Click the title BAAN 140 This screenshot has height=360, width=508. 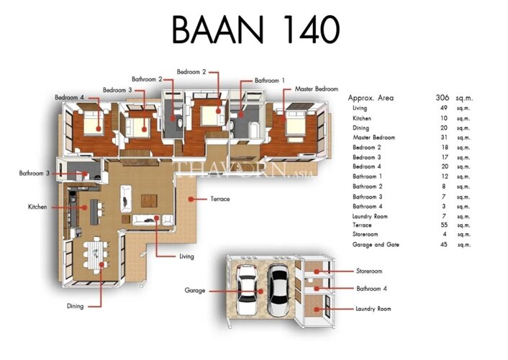tap(255, 30)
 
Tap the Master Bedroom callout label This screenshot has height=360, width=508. tap(316, 89)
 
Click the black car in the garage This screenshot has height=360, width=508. tap(278, 290)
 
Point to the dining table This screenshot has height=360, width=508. tap(96, 255)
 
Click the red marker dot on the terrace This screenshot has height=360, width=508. tap(191, 199)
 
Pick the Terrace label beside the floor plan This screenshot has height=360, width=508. tap(220, 199)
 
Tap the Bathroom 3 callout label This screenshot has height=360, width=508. tap(34, 174)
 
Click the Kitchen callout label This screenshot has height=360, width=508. tap(37, 207)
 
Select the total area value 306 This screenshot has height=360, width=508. tap(443, 97)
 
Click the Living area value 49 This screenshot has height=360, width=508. tap(444, 108)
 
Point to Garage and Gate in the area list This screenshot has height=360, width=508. tap(376, 245)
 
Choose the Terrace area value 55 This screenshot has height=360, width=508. tap(444, 225)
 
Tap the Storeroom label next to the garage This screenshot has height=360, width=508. tap(369, 271)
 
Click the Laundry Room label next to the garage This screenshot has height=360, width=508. tap(373, 309)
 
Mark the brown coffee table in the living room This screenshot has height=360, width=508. tap(149, 201)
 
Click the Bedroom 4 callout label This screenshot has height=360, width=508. tap(69, 97)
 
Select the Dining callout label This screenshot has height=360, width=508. tap(75, 306)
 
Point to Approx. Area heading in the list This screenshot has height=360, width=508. tap(371, 98)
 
